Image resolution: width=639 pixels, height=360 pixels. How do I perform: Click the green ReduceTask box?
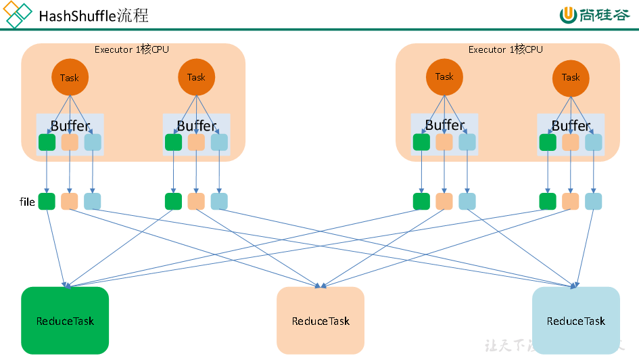(65, 320)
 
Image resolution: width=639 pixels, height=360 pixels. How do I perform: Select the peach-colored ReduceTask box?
(321, 320)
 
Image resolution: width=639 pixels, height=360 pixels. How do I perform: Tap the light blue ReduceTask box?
(575, 320)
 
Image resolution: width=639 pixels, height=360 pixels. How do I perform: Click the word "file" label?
(27, 202)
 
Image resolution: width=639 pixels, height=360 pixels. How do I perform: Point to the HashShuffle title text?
(94, 16)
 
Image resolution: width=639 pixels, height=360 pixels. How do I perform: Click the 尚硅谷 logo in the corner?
(594, 15)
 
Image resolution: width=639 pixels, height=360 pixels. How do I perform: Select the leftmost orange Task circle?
(70, 78)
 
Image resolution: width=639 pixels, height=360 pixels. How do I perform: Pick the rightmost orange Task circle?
(571, 77)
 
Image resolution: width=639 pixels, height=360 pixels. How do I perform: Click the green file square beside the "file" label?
(47, 201)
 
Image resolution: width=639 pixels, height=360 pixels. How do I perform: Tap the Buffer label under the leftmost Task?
(70, 126)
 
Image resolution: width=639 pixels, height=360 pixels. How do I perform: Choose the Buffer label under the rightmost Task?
(571, 126)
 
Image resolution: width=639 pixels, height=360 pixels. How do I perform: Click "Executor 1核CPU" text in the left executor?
(132, 49)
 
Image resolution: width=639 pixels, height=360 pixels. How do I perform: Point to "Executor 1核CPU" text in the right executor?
(505, 49)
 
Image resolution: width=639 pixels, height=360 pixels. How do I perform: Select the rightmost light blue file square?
(594, 201)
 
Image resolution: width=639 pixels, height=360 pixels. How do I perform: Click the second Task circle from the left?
(196, 77)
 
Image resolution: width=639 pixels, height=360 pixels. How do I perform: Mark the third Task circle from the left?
(444, 76)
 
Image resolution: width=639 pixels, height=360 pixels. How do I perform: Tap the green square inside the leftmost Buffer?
(47, 142)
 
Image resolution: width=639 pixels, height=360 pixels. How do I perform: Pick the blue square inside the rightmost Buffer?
(594, 142)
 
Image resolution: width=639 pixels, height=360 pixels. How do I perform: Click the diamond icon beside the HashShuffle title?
(18, 15)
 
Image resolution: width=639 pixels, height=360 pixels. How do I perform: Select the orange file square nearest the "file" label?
(70, 201)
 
